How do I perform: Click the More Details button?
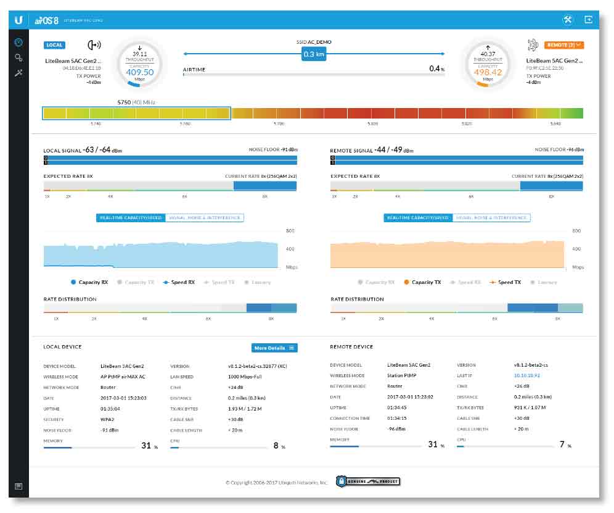click(x=274, y=348)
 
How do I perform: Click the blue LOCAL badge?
click(x=54, y=45)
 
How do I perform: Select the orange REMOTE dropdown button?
click(x=563, y=45)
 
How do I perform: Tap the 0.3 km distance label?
click(x=313, y=54)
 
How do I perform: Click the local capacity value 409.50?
click(x=139, y=72)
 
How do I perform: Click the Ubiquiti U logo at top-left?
click(x=19, y=20)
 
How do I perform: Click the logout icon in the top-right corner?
click(x=588, y=20)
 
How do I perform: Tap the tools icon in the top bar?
click(x=567, y=20)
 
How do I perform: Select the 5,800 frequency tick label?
click(x=373, y=123)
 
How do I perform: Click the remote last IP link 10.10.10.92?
click(x=526, y=375)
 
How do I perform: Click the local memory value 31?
click(x=146, y=445)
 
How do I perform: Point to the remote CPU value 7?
click(x=562, y=444)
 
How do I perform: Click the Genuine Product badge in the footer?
click(x=369, y=482)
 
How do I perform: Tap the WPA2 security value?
click(x=107, y=419)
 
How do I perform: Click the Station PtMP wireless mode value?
click(x=401, y=375)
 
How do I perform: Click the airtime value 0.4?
click(x=435, y=69)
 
